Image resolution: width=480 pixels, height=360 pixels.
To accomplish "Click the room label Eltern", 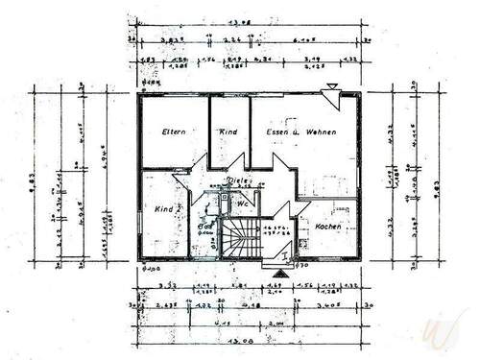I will click(x=173, y=132).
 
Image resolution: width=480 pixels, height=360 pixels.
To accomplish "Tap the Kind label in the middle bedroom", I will click(x=228, y=132).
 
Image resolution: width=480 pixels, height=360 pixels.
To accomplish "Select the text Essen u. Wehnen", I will click(x=300, y=132).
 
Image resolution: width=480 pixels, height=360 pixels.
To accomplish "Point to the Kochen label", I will click(x=330, y=227).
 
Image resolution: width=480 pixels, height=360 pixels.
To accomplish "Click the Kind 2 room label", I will click(x=166, y=207).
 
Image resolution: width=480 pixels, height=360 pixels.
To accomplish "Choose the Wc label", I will click(x=244, y=204).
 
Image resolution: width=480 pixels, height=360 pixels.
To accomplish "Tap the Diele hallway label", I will click(x=236, y=180).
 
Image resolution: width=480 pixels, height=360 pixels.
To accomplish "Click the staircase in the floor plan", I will click(x=240, y=238).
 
